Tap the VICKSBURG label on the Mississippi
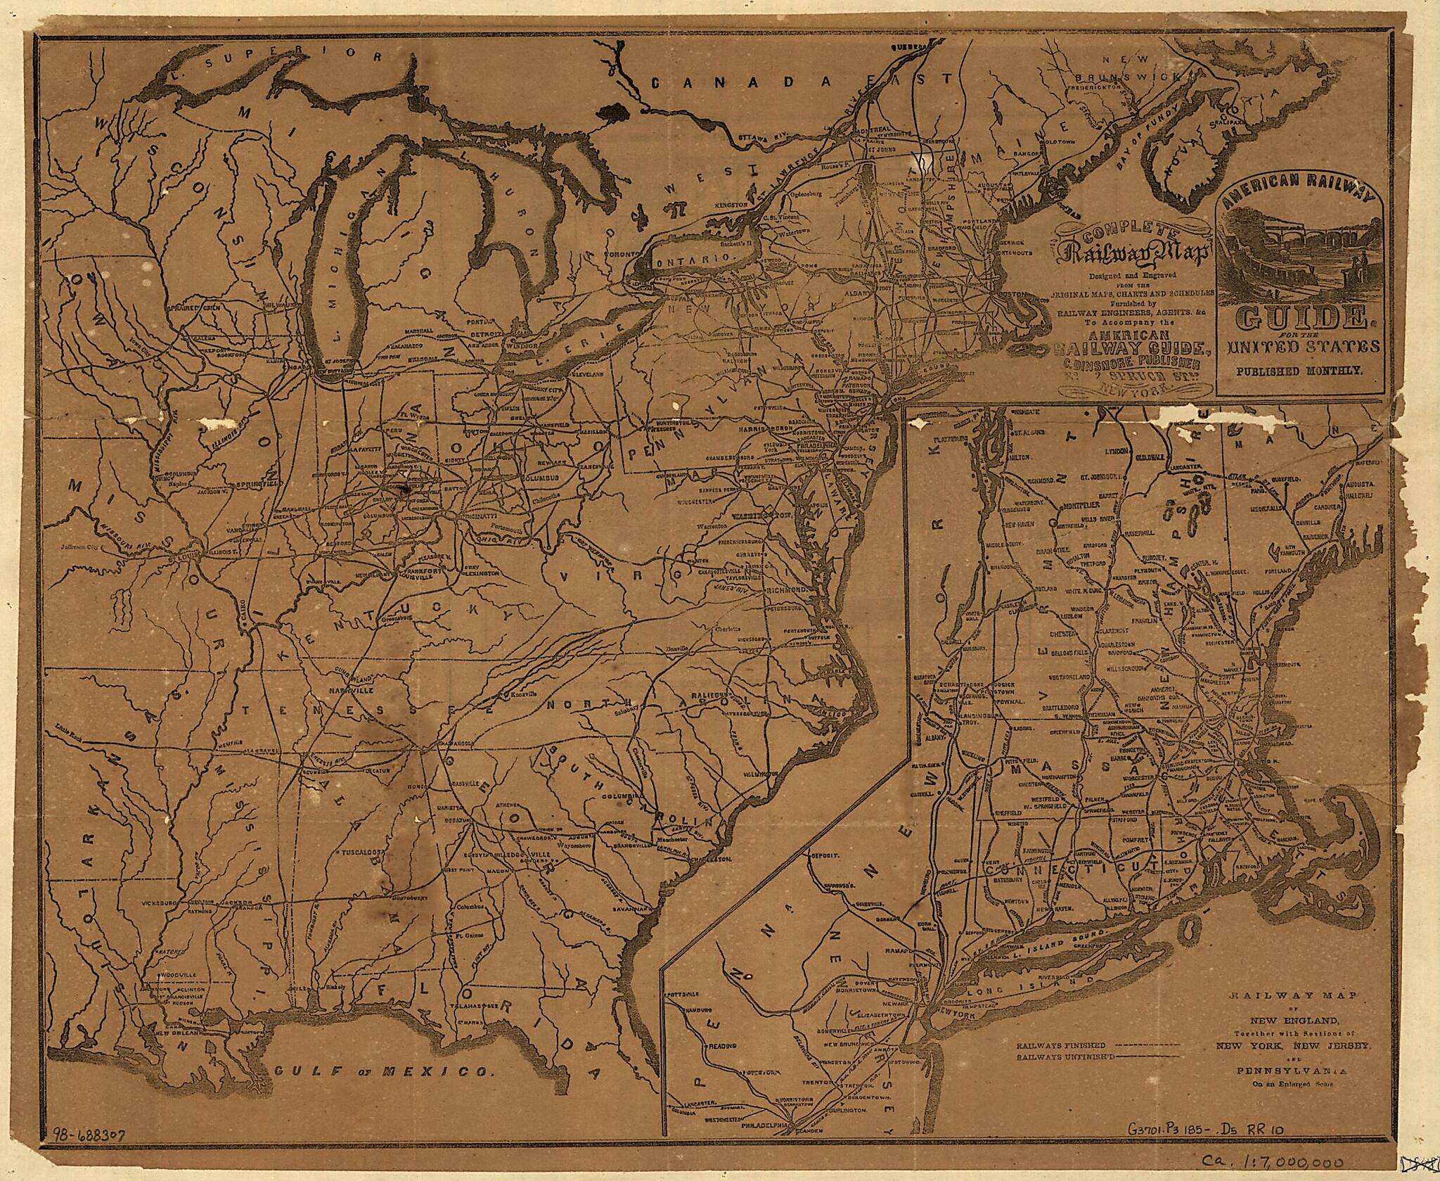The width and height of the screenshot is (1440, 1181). (158, 901)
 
